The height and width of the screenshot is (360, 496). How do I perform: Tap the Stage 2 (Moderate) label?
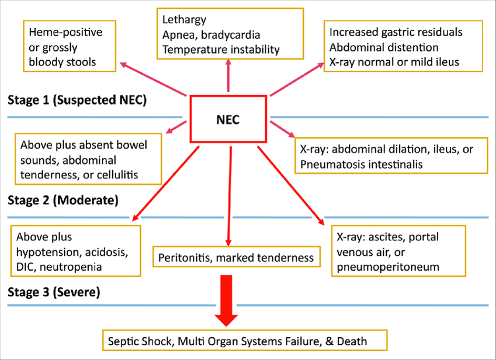pyautogui.click(x=63, y=201)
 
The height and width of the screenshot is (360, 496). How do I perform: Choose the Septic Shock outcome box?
pyautogui.click(x=244, y=340)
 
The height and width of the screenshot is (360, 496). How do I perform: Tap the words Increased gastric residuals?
pyautogui.click(x=396, y=32)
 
